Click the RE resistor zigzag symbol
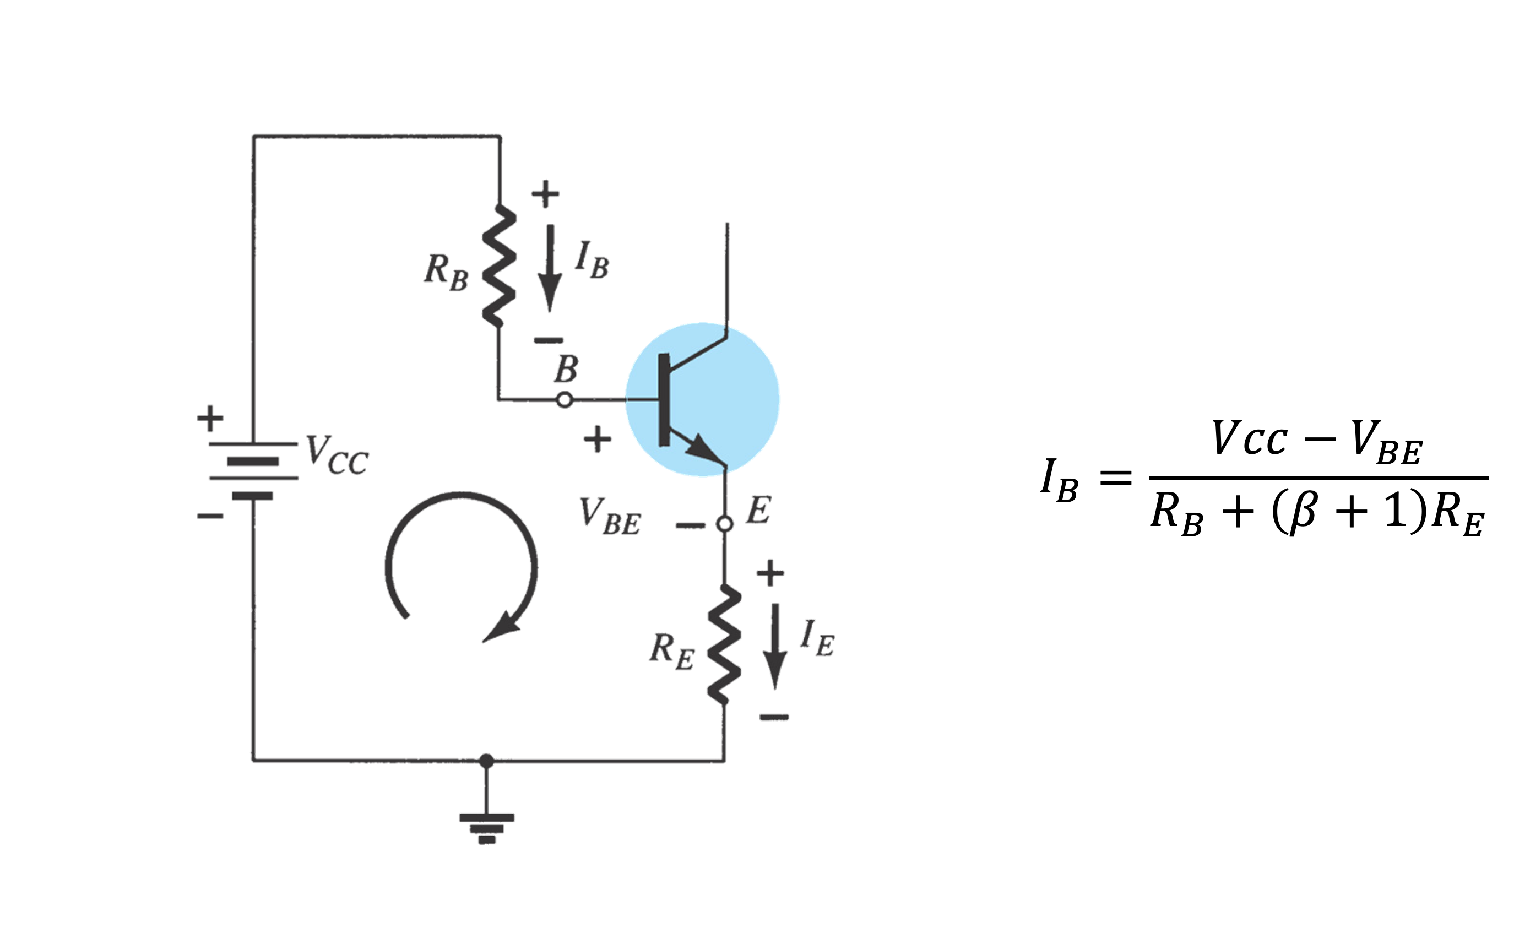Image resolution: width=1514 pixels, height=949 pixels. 725,644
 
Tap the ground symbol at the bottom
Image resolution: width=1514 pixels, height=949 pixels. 486,828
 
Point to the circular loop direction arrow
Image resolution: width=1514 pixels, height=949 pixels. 461,565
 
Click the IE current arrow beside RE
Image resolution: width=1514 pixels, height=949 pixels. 775,647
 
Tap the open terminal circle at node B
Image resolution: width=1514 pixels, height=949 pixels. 565,400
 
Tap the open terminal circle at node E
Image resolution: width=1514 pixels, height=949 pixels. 725,523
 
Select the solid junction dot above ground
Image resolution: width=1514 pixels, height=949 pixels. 486,761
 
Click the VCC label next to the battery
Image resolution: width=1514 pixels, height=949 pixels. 337,455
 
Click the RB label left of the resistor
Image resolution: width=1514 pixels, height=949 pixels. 446,272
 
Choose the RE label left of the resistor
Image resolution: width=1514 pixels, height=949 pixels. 671,651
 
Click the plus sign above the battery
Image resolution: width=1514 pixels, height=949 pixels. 210,418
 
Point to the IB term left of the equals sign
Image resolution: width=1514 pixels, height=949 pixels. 1059,480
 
